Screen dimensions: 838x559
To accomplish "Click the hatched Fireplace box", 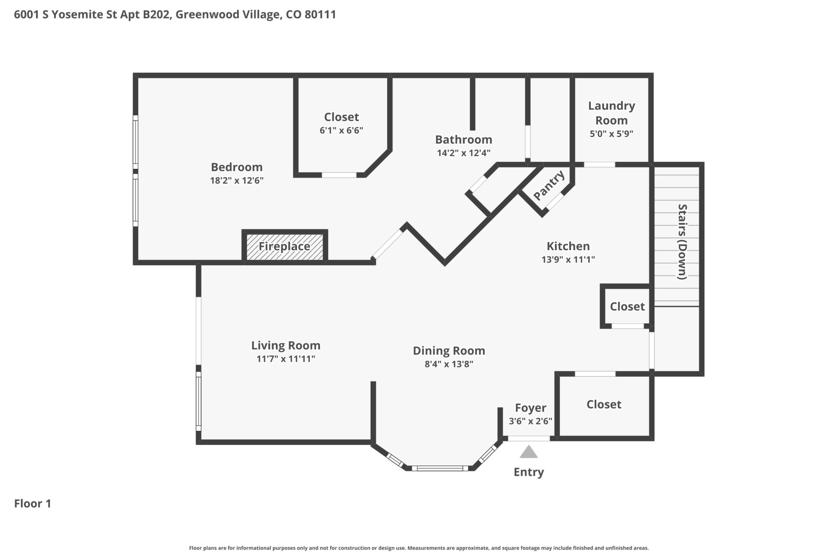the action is tap(285, 247).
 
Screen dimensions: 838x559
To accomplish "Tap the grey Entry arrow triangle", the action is tap(528, 451).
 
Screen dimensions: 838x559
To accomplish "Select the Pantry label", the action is tap(549, 185).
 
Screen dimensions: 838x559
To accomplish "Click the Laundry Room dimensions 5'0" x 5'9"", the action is tap(611, 134).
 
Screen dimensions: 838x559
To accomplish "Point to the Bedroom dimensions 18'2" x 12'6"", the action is tap(237, 180).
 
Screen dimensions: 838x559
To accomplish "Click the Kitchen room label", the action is tap(568, 246).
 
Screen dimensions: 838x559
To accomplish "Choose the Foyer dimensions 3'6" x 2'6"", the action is tap(530, 421).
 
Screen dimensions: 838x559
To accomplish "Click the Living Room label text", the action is tap(286, 345).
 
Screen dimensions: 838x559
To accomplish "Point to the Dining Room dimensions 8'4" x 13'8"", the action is tap(449, 364).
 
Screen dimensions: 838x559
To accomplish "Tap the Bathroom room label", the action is tap(464, 139).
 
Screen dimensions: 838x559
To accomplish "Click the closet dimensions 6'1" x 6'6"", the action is tap(341, 130).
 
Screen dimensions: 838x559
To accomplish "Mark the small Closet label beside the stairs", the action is tap(627, 307).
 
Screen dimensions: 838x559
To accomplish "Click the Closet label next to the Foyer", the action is tap(604, 404).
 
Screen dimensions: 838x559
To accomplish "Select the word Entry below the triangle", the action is tap(529, 472).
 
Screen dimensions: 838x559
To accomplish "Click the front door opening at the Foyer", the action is tap(529, 438).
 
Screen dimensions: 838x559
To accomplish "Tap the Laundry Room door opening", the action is tap(599, 165).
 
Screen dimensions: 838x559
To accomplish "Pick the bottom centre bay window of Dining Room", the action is tap(440, 468).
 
